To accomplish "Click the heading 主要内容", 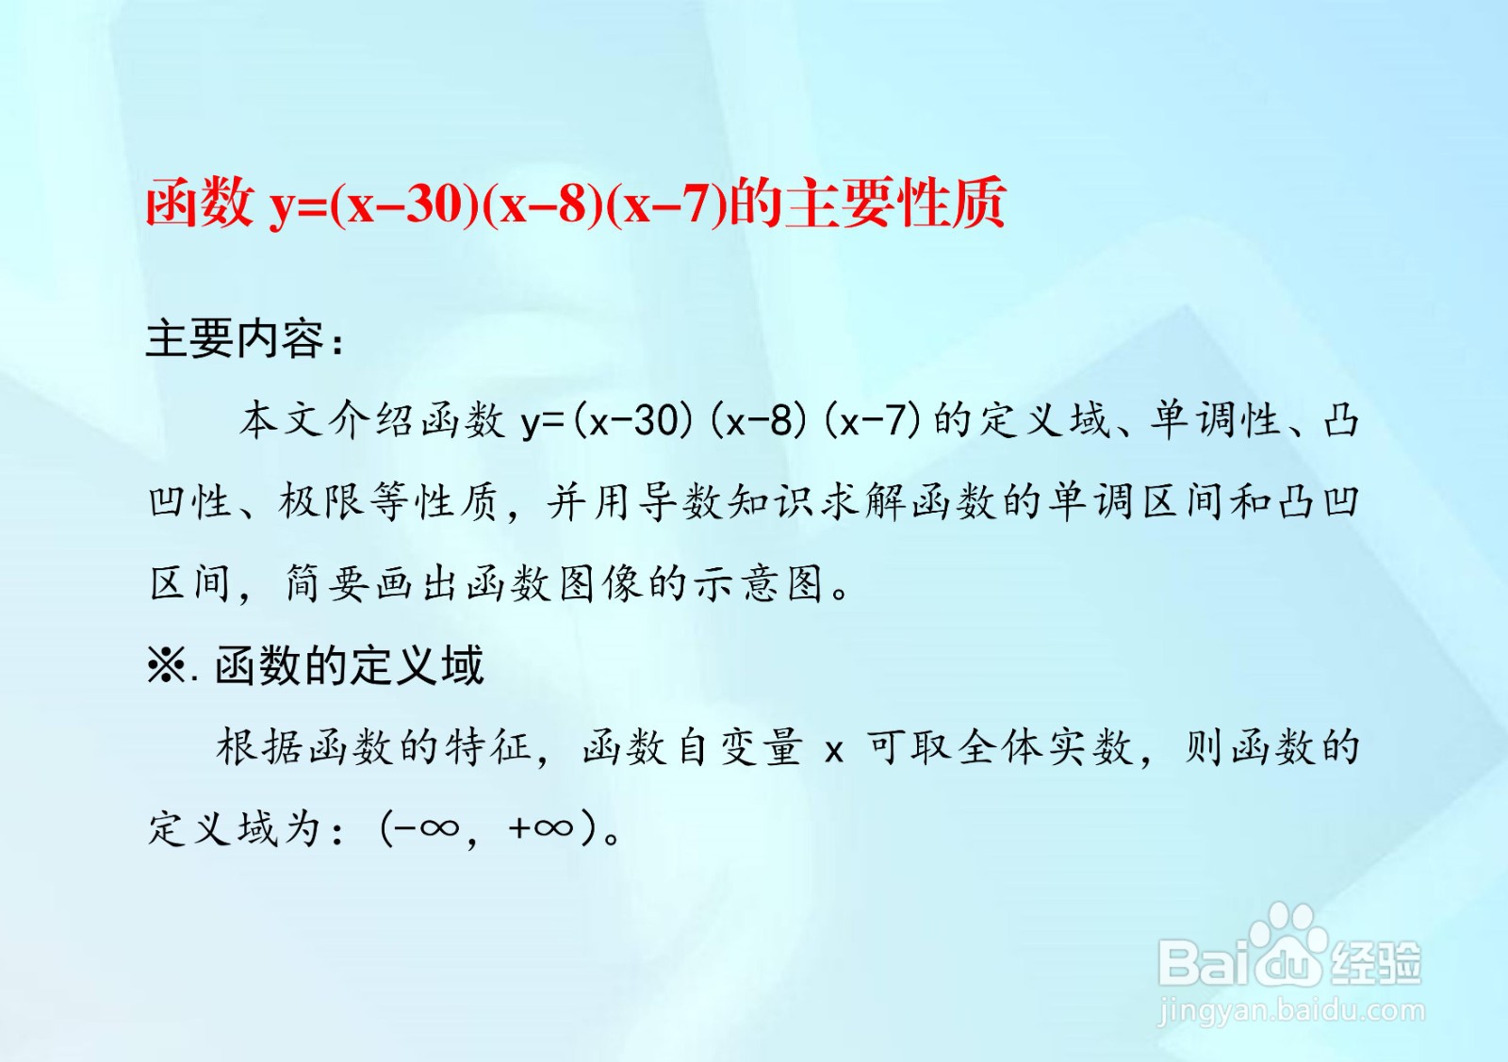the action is click(x=236, y=338).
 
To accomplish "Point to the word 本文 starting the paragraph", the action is click(x=282, y=420).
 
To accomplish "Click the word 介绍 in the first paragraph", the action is click(x=373, y=420).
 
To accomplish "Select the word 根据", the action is click(x=259, y=747).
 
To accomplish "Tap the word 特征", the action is click(x=488, y=747).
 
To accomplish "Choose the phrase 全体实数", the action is click(x=1046, y=747).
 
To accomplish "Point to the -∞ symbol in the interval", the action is click(x=427, y=827).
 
